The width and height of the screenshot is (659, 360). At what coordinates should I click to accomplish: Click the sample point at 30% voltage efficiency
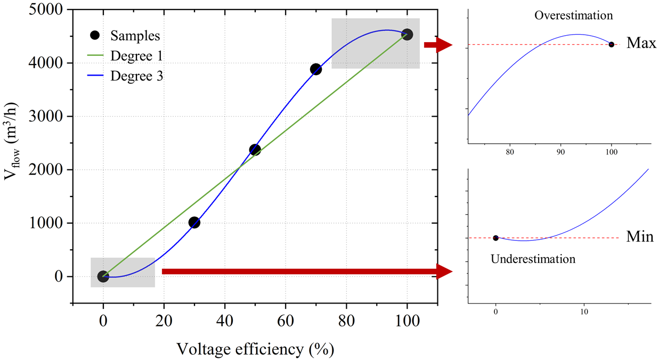click(194, 223)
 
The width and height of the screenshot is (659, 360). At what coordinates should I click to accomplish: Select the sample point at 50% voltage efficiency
click(255, 150)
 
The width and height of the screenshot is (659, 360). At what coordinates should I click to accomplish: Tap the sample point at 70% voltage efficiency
click(316, 69)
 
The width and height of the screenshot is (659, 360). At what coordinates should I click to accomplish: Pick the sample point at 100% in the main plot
click(407, 35)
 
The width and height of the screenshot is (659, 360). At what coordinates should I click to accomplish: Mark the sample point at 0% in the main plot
click(103, 276)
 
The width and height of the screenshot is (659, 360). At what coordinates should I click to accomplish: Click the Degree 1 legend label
click(136, 56)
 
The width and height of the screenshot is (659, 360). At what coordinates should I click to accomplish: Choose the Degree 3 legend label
click(136, 76)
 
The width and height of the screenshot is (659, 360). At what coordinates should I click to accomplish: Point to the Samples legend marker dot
click(95, 35)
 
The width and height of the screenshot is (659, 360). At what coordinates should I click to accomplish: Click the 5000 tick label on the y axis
click(46, 10)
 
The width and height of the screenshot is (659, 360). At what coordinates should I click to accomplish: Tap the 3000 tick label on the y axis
click(46, 116)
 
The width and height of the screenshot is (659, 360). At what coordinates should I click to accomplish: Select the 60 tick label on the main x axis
click(286, 321)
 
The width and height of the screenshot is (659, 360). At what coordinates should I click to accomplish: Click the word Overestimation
click(573, 15)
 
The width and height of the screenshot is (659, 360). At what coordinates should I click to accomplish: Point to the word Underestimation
click(533, 259)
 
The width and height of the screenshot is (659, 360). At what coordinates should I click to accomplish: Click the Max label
click(641, 43)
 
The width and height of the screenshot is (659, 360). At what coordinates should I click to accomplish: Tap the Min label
click(640, 236)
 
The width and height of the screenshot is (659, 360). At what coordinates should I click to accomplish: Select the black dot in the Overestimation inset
click(612, 44)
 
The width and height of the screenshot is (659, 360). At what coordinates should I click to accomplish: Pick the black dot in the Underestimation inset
click(496, 238)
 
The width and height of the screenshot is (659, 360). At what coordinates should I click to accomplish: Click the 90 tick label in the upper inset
click(561, 152)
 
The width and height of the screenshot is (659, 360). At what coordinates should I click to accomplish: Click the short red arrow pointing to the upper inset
click(438, 45)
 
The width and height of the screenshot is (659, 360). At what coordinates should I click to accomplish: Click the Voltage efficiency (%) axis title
click(255, 349)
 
